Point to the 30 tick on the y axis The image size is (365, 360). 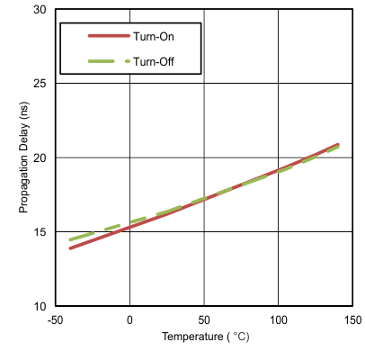40,9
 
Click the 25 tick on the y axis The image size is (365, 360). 40,83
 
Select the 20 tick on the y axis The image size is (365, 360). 40,157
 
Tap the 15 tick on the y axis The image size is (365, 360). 40,231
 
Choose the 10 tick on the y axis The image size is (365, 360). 40,306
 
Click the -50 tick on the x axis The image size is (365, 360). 55,319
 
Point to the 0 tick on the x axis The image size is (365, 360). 129,319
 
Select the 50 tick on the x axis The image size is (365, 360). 204,319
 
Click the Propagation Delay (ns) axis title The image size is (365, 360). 24,158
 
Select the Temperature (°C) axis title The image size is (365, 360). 204,339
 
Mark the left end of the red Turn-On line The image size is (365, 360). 70,248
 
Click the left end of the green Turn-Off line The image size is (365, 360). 70,239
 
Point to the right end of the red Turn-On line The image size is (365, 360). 338,144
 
